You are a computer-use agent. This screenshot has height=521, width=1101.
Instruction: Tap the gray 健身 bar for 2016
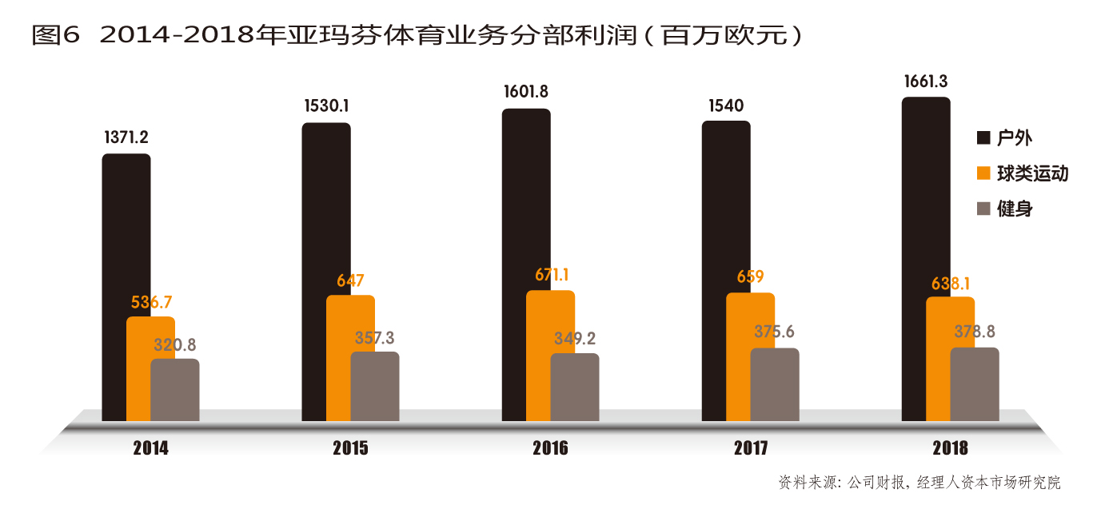[x=575, y=387]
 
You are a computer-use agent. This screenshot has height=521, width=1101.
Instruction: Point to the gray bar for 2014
[x=175, y=390]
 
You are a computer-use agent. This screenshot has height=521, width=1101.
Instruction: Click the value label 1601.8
[x=525, y=92]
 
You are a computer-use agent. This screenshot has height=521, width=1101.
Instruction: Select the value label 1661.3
[x=926, y=81]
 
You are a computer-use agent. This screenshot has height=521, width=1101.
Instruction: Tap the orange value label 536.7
[x=151, y=302]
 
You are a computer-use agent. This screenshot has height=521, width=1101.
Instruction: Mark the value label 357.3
[x=374, y=337]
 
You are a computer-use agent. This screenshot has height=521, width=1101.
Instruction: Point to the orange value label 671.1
[x=551, y=275]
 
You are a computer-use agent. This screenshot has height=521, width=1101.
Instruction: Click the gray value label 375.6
[x=774, y=332]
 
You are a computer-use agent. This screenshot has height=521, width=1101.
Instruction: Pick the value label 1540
[x=725, y=105]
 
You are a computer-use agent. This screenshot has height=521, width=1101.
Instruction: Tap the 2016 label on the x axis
[x=550, y=448]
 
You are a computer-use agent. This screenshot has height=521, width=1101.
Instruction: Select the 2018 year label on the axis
[x=950, y=448]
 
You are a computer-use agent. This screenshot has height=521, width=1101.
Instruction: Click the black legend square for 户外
[x=983, y=137]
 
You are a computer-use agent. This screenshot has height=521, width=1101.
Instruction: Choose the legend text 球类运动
[x=1031, y=173]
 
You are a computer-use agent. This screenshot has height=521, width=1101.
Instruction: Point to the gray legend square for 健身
[x=983, y=209]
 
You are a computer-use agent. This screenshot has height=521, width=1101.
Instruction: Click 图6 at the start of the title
[x=56, y=35]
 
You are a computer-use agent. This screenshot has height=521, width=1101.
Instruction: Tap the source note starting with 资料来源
[x=919, y=483]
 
